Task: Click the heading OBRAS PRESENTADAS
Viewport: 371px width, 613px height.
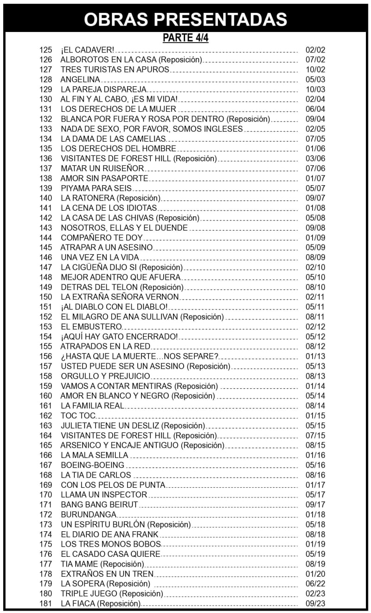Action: click(x=185, y=19)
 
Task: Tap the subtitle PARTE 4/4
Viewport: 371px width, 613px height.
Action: click(x=185, y=38)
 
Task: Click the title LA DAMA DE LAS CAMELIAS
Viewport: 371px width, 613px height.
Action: click(x=113, y=139)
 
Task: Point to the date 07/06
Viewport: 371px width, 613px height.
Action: click(x=315, y=168)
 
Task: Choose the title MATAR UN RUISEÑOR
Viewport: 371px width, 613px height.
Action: click(x=102, y=168)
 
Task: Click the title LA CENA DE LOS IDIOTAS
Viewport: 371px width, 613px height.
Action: click(x=109, y=208)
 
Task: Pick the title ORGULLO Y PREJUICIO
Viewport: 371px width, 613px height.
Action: click(x=106, y=376)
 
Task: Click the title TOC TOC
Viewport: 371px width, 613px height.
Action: click(x=78, y=416)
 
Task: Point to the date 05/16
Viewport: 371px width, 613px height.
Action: click(x=315, y=465)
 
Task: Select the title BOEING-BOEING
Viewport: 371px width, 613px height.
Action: click(x=93, y=465)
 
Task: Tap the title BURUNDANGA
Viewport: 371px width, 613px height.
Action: click(x=89, y=515)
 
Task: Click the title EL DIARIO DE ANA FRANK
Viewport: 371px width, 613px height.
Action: click(x=109, y=534)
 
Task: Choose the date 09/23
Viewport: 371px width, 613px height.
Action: click(x=315, y=604)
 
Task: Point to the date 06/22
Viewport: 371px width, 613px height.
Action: click(x=315, y=584)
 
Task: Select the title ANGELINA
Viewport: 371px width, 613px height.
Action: click(x=80, y=79)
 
